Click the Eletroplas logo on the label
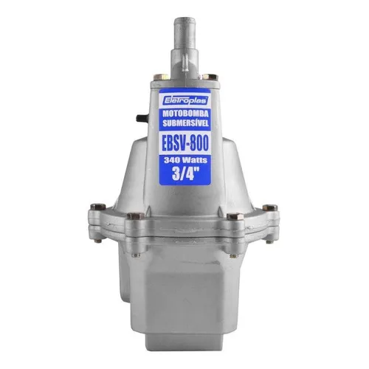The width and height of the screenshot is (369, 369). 185,100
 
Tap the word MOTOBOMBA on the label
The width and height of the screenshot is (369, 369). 185,114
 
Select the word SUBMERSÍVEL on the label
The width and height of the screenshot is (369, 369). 185,123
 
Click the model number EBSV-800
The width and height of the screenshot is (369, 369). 185,143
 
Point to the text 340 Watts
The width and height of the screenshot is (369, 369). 185,160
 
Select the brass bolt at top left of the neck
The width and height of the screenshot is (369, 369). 161,77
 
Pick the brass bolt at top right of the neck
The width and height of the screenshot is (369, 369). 210,77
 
